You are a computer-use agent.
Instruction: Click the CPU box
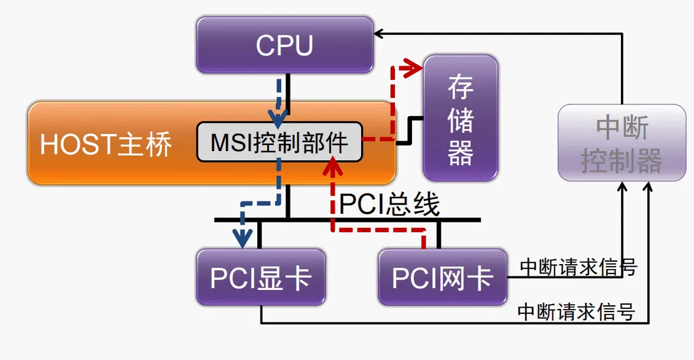[x=284, y=45]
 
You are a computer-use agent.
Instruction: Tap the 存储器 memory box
[x=460, y=119]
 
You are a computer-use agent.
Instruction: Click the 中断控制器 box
[x=622, y=143]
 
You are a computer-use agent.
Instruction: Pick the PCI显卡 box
[x=260, y=277]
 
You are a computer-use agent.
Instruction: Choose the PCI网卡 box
[x=443, y=277]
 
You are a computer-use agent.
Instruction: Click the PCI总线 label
[x=389, y=204]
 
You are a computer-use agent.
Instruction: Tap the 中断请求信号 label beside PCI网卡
[x=578, y=268]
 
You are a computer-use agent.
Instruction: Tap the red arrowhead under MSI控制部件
[x=332, y=165]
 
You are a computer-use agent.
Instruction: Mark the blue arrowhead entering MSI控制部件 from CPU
[x=278, y=116]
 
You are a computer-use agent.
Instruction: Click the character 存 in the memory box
[x=460, y=87]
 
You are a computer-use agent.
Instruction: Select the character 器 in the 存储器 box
[x=460, y=152]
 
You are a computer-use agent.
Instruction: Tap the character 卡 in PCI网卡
[x=480, y=278]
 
